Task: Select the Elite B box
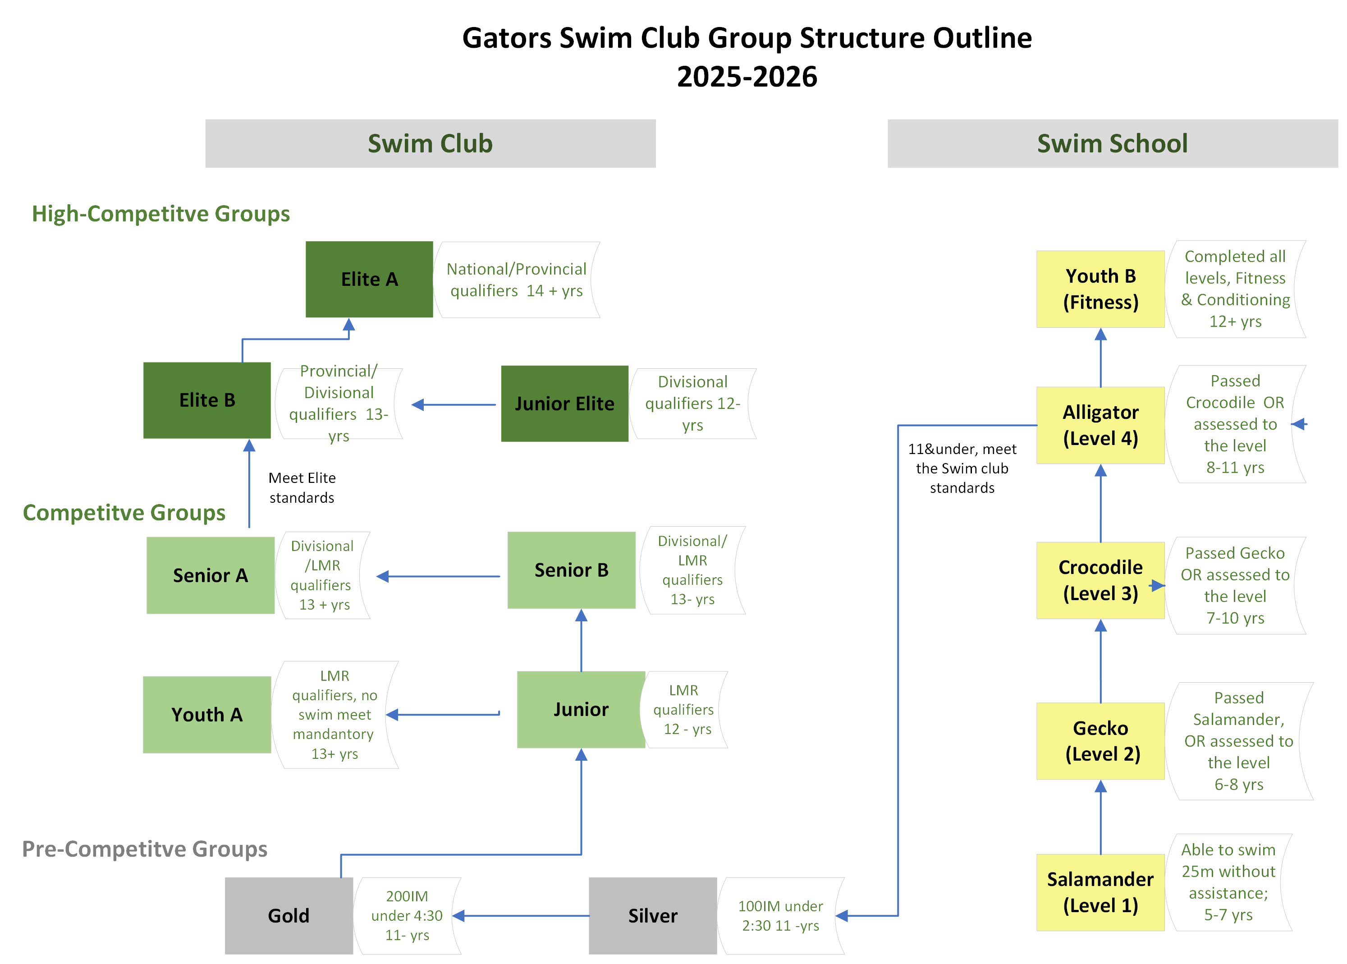click(x=206, y=400)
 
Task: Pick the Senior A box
click(x=210, y=575)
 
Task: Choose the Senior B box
click(x=571, y=570)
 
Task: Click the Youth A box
click(x=206, y=715)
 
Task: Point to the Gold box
click(x=289, y=915)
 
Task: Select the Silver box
click(x=652, y=915)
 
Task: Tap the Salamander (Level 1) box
click(x=1100, y=892)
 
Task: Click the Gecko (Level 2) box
click(x=1100, y=741)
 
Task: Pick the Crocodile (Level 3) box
click(x=1100, y=580)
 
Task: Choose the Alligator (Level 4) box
click(x=1100, y=425)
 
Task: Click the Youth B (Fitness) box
click(x=1100, y=289)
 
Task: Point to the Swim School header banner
click(x=1112, y=144)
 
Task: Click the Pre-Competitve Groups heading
click(x=144, y=849)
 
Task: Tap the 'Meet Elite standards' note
click(x=302, y=487)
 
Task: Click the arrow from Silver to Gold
click(x=522, y=915)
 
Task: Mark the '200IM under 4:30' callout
click(x=407, y=915)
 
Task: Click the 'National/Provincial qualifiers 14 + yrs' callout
click(x=516, y=280)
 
